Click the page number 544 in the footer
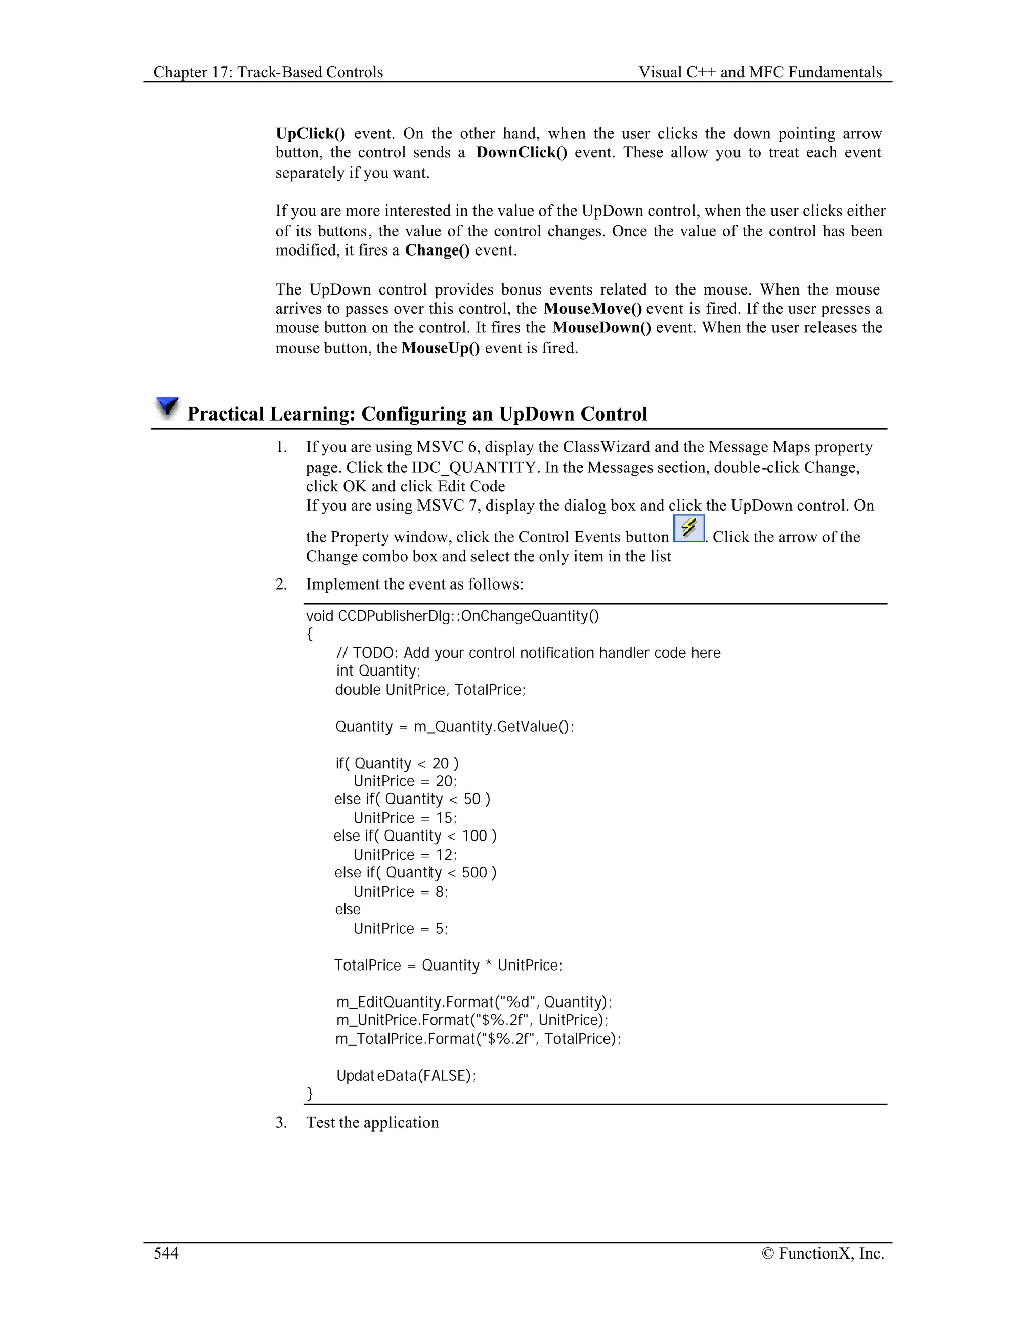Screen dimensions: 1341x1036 coord(166,1253)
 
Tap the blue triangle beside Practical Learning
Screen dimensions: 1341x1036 coord(167,407)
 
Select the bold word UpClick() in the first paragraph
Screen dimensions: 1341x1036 coord(310,133)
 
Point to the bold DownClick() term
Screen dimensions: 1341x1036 coord(522,152)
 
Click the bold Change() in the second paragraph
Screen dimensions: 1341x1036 coord(437,250)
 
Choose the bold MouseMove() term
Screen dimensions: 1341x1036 coord(592,308)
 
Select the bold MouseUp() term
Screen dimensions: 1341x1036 coord(440,348)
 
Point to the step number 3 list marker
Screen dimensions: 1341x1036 coord(281,1122)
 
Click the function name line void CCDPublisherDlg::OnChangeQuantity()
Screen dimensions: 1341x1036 coord(452,616)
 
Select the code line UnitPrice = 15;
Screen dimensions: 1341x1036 coord(405,818)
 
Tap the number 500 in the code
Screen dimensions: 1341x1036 coord(474,872)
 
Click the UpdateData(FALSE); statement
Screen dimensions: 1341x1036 coord(406,1075)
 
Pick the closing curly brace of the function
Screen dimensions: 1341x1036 coord(310,1093)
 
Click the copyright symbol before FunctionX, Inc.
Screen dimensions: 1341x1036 coord(767,1253)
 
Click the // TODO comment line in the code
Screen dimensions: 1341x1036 coord(528,653)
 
